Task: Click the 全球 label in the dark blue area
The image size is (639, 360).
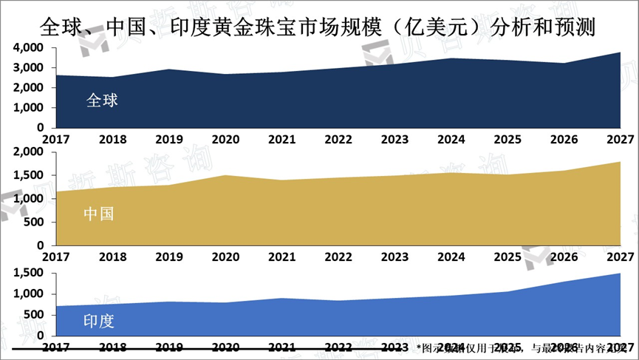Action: [x=102, y=101]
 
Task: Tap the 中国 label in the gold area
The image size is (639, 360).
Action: [x=98, y=214]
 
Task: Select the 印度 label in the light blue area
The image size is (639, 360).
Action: [x=98, y=322]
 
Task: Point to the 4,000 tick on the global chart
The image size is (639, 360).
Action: [x=28, y=48]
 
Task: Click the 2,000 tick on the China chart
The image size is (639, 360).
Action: [x=28, y=152]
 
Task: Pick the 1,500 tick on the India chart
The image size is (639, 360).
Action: [x=28, y=274]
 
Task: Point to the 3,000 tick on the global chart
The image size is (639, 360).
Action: [x=28, y=68]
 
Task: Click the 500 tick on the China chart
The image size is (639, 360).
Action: [x=34, y=223]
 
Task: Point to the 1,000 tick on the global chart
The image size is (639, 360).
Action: [x=28, y=108]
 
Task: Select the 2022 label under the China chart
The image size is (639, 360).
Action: [x=338, y=257]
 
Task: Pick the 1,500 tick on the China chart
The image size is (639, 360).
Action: [x=28, y=176]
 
